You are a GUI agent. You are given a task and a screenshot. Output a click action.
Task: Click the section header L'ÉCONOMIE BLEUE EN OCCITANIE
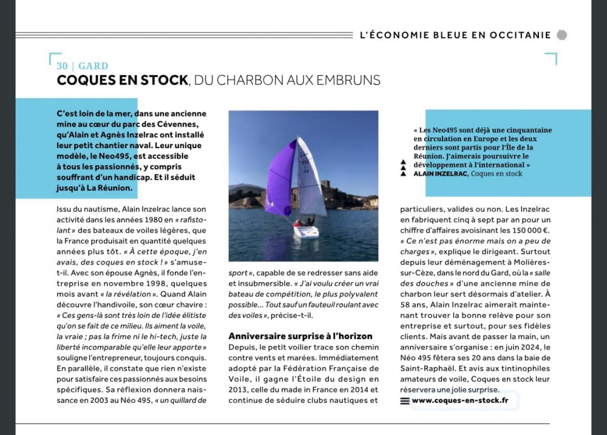click(x=455, y=35)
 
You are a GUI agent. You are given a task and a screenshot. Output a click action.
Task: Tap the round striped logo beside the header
click(x=561, y=35)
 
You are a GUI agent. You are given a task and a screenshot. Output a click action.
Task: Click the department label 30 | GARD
click(x=83, y=66)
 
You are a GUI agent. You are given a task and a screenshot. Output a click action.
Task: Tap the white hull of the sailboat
click(x=305, y=231)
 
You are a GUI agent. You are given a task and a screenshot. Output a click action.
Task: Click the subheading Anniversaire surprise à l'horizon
click(x=300, y=336)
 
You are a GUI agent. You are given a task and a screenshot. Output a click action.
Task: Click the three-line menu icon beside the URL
click(x=405, y=400)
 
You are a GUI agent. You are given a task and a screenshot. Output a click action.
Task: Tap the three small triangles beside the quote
click(x=402, y=169)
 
